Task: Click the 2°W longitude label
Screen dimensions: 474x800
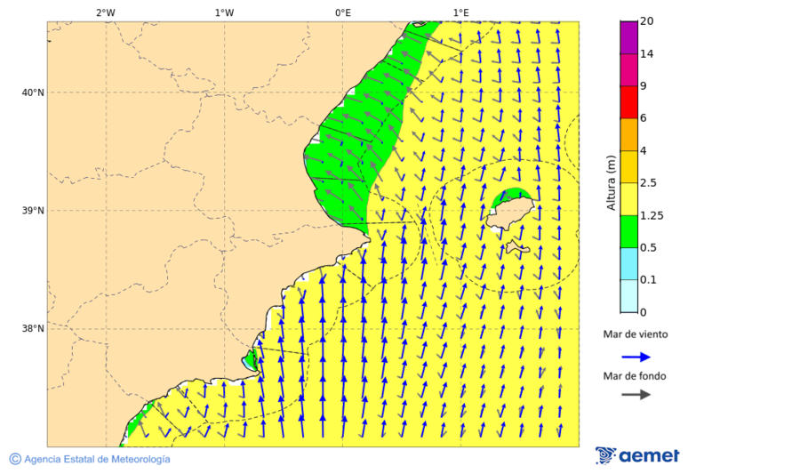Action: pos(105,12)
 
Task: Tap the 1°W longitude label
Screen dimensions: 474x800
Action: pos(224,12)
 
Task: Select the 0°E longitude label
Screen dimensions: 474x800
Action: pos(342,12)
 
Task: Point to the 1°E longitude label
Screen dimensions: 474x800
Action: pos(460,12)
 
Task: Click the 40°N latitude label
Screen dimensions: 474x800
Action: pos(32,92)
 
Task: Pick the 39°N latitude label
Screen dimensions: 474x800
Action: pos(32,211)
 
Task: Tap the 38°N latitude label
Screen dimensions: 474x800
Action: pos(32,329)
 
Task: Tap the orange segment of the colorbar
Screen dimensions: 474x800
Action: pos(628,134)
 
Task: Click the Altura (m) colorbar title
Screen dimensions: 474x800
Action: pos(611,182)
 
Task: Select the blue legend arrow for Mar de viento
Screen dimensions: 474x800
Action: pos(636,356)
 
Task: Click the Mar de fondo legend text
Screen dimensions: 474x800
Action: pos(635,376)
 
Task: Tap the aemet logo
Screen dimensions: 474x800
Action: pos(637,455)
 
